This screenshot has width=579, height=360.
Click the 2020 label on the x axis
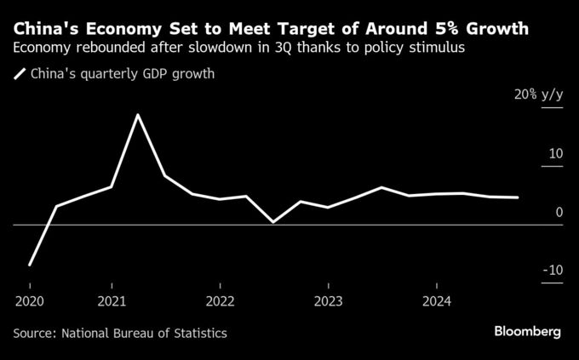(x=29, y=300)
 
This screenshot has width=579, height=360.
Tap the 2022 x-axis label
(x=220, y=300)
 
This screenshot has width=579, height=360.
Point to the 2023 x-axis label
(x=328, y=300)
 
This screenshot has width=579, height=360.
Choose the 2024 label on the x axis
(x=437, y=300)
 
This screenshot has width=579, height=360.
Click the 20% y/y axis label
(x=538, y=95)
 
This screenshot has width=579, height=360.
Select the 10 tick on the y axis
(x=555, y=154)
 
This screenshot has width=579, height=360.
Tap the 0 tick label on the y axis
(x=559, y=212)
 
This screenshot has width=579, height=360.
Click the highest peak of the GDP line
(x=138, y=114)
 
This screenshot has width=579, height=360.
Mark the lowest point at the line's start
(x=30, y=266)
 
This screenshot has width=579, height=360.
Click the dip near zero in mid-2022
(x=273, y=222)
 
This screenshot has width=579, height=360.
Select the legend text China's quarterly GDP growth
(x=123, y=74)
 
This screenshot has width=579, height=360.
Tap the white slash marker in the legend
(x=20, y=74)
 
